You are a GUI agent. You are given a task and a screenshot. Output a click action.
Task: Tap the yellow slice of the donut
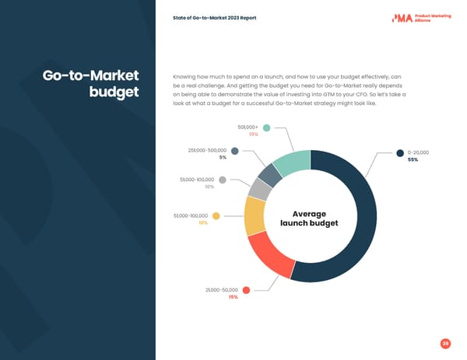point(255,215)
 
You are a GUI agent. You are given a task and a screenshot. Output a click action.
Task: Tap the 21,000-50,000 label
point(222,290)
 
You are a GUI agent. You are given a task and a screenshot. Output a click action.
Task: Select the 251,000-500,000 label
point(207,149)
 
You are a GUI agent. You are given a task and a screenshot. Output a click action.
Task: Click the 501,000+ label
point(248,128)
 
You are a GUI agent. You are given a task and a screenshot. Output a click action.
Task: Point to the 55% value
point(413,160)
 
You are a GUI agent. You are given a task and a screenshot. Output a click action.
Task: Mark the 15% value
point(233,298)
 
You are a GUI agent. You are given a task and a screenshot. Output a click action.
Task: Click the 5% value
point(223,157)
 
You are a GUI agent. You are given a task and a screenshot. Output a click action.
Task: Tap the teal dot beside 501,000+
point(266,128)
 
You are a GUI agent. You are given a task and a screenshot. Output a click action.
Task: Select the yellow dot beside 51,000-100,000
point(216,215)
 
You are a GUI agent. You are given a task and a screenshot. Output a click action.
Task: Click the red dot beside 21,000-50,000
point(246,290)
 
